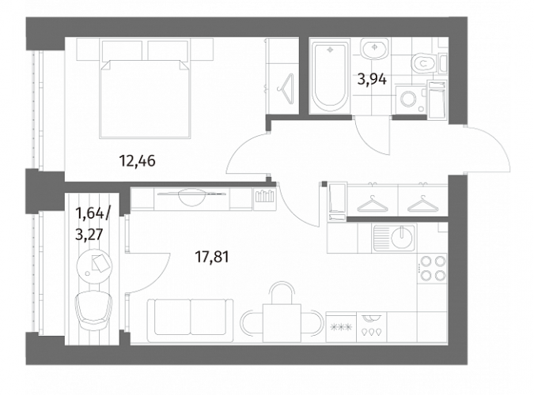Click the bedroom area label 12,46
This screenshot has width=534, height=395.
(137, 160)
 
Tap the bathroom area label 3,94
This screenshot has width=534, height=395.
(372, 79)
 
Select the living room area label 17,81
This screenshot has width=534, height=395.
(211, 257)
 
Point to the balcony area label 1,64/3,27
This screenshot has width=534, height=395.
(93, 224)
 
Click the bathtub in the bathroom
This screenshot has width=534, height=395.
(330, 77)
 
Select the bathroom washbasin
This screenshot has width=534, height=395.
(374, 49)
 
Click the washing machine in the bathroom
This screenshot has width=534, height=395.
(408, 100)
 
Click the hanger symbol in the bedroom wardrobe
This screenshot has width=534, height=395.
(286, 88)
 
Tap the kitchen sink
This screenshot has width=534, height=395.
(395, 238)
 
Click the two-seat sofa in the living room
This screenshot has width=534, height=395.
(191, 320)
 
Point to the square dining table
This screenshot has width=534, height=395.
(282, 323)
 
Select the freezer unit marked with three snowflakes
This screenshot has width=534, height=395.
(341, 327)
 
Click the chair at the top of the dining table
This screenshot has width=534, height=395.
(282, 292)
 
